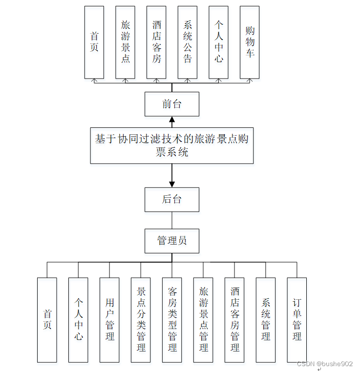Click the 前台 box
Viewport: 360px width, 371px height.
click(171, 104)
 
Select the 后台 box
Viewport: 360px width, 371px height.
click(171, 199)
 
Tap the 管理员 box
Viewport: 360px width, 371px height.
click(171, 241)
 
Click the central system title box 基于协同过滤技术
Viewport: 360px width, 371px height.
click(171, 145)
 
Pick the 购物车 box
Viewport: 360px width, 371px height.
click(250, 42)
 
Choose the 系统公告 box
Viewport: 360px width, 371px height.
click(187, 42)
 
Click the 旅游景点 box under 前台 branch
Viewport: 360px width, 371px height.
click(125, 42)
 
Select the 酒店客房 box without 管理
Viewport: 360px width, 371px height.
click(156, 42)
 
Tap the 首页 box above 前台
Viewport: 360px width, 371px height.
click(94, 42)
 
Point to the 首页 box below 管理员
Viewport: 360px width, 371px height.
click(47, 320)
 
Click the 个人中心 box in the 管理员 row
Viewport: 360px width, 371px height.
click(78, 320)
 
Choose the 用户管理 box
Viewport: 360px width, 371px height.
click(109, 320)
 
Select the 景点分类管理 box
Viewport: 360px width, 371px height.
click(141, 320)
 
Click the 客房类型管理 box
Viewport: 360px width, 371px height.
click(172, 320)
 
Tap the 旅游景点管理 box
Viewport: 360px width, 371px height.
click(203, 320)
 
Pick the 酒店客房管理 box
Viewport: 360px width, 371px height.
click(234, 320)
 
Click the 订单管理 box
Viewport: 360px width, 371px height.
click(296, 320)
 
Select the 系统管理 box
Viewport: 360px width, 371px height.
click(266, 320)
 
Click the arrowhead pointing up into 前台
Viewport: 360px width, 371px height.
click(171, 120)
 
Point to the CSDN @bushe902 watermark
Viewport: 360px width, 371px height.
click(324, 364)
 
